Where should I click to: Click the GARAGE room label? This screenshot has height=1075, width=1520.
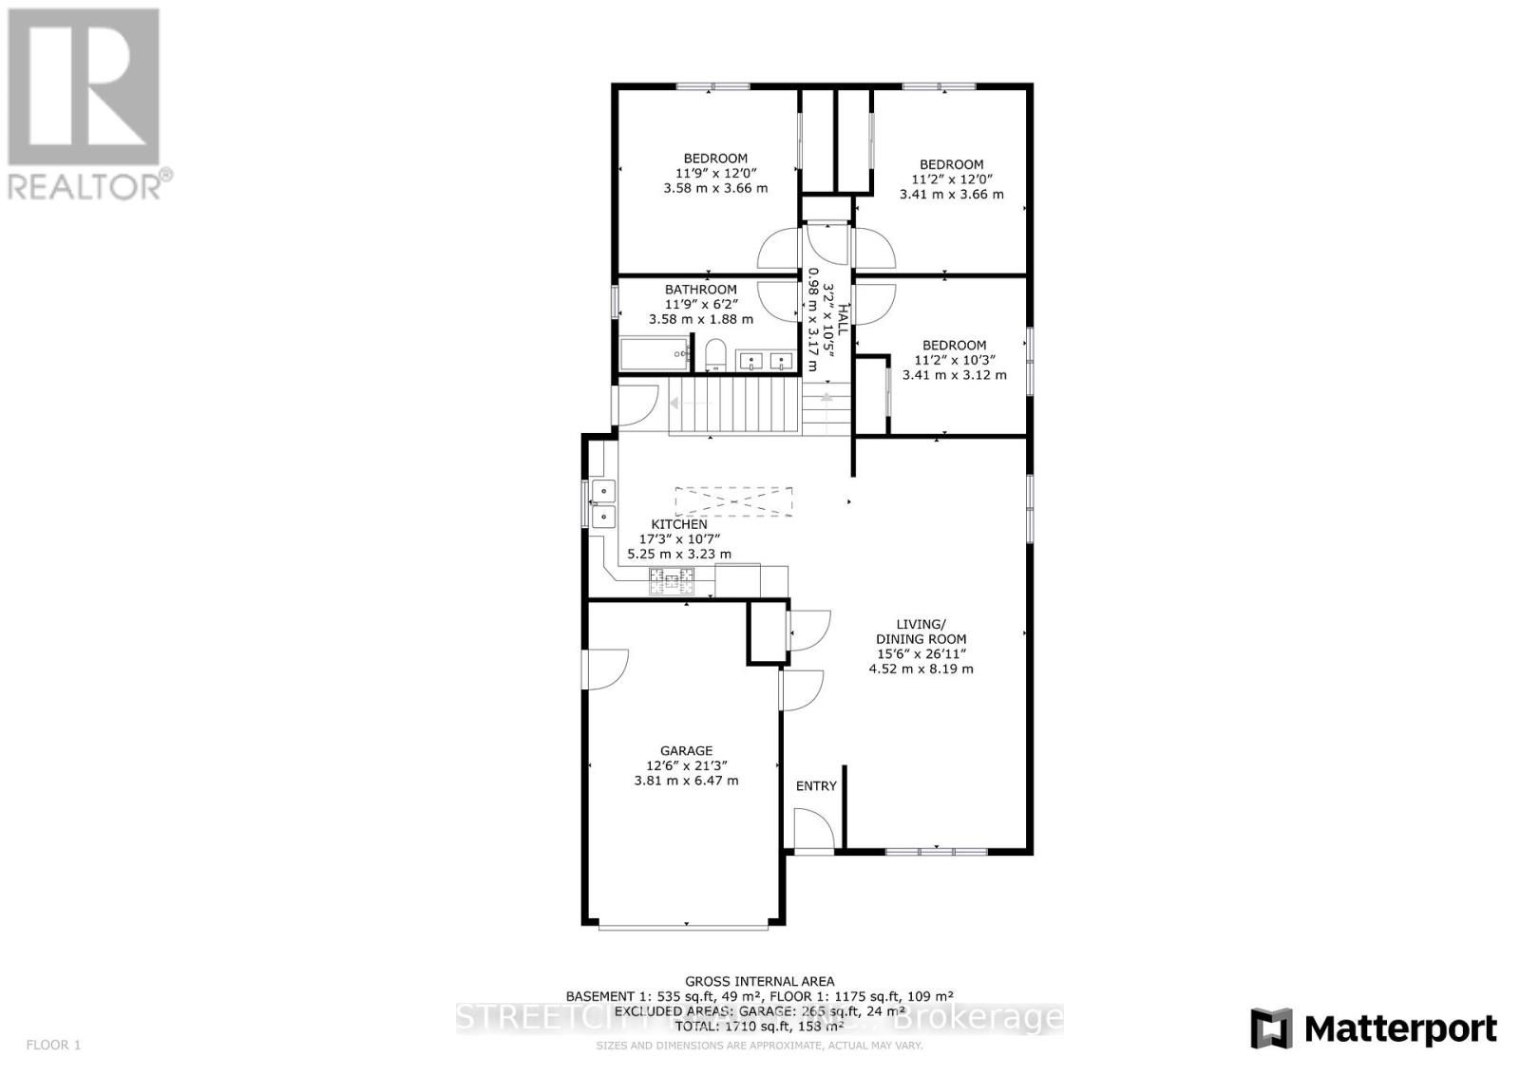click(x=686, y=750)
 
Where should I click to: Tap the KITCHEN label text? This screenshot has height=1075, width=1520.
click(x=678, y=524)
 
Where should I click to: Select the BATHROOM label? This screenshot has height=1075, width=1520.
click(x=700, y=290)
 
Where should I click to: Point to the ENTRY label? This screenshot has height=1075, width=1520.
click(x=816, y=785)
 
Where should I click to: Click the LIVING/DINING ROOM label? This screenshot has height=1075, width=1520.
click(x=921, y=632)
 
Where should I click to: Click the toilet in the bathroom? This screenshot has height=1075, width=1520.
click(x=716, y=356)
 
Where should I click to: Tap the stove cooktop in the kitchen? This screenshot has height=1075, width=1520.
click(x=672, y=577)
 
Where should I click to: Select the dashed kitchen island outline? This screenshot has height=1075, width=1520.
click(x=733, y=500)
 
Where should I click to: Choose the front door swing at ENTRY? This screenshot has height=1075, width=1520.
click(x=814, y=828)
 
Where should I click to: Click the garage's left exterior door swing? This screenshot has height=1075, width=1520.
click(x=606, y=669)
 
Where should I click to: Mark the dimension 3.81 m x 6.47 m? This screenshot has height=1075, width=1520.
click(x=686, y=781)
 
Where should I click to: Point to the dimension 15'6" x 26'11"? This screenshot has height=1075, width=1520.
click(x=921, y=653)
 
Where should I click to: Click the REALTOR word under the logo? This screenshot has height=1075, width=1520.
click(x=85, y=185)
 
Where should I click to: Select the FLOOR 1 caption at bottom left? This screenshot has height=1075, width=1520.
click(x=53, y=1045)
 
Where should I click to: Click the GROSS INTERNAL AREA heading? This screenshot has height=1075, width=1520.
click(x=759, y=981)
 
